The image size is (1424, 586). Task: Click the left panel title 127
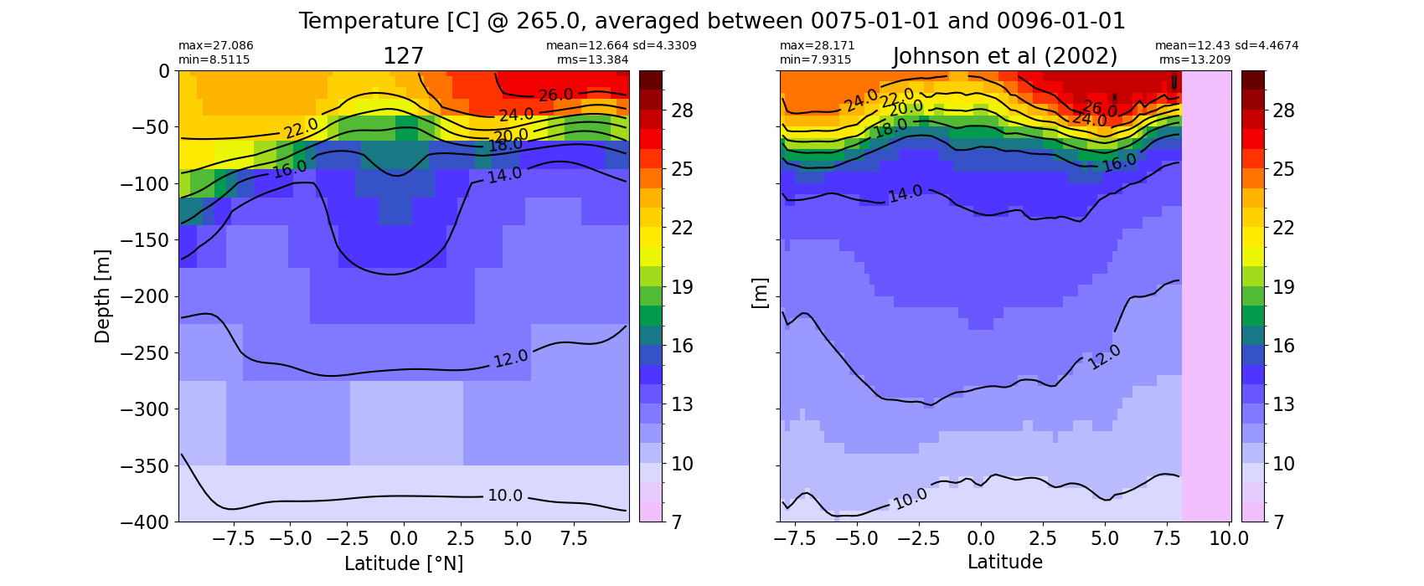pyautogui.click(x=403, y=57)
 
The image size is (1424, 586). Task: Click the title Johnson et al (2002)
pyautogui.click(x=1005, y=57)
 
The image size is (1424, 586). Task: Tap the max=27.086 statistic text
pyautogui.click(x=215, y=45)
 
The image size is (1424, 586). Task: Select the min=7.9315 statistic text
pyautogui.click(x=816, y=59)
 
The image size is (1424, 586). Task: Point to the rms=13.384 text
pyautogui.click(x=592, y=59)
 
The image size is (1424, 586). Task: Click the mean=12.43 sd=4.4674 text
pyautogui.click(x=1226, y=45)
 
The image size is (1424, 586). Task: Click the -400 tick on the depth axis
pyautogui.click(x=145, y=522)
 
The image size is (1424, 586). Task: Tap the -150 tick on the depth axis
pyautogui.click(x=145, y=240)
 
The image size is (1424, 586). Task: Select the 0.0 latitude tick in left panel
pyautogui.click(x=404, y=539)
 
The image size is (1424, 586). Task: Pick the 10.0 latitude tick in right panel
pyautogui.click(x=1229, y=539)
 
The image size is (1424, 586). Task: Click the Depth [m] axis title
pyautogui.click(x=102, y=296)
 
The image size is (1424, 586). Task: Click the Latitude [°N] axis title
pyautogui.click(x=404, y=563)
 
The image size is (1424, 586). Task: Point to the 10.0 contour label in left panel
pyautogui.click(x=505, y=495)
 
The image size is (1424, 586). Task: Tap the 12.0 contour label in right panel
pyautogui.click(x=1104, y=357)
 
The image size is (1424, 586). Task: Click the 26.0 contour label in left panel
pyautogui.click(x=555, y=95)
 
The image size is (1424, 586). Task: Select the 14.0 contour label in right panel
pyautogui.click(x=905, y=194)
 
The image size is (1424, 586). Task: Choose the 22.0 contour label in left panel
pyautogui.click(x=301, y=128)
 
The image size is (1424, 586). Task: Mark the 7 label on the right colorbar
pyautogui.click(x=1277, y=522)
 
